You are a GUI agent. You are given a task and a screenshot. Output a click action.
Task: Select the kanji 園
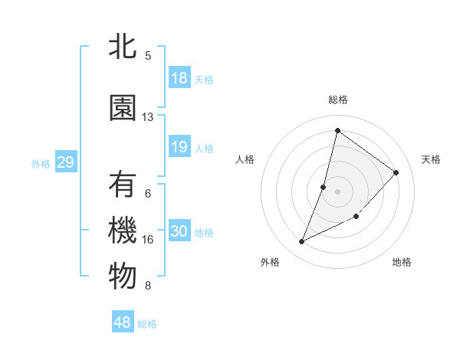coord(123,108)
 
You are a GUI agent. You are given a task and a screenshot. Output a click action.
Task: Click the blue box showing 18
coord(179,78)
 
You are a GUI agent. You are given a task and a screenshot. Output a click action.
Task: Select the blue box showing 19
coord(179,147)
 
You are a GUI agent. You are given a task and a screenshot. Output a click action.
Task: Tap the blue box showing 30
coord(179,231)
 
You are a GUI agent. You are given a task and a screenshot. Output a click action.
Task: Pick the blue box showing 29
coord(65,162)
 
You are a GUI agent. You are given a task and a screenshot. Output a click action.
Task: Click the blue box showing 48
coord(123,322)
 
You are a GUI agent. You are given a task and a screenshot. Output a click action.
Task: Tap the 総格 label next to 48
coord(147,324)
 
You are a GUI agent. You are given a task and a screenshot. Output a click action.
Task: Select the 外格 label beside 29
coord(41,163)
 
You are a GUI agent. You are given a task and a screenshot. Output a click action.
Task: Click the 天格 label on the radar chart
coord(431,159)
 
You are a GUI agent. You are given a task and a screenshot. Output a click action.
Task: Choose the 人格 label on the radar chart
coord(245,159)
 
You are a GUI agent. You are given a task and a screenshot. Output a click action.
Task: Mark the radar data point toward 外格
coord(302,242)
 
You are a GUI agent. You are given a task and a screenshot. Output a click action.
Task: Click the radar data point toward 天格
coord(396,172)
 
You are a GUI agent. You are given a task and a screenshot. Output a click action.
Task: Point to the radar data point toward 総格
coord(337,130)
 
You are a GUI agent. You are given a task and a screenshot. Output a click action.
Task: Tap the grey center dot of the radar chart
coord(337,191)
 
